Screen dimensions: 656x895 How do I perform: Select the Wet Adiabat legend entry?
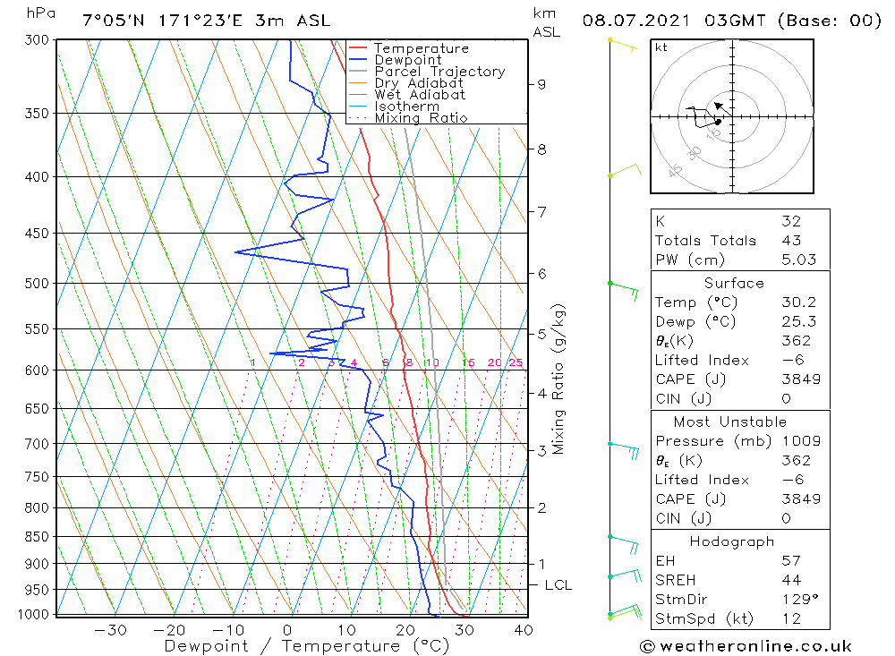419,95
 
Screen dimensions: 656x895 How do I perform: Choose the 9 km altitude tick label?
541,84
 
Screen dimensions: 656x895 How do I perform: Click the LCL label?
558,585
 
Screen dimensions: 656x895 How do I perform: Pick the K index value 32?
790,221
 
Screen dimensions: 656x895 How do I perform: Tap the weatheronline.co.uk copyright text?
746,646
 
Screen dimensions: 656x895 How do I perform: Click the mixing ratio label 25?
516,362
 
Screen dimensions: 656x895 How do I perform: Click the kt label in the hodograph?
661,47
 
